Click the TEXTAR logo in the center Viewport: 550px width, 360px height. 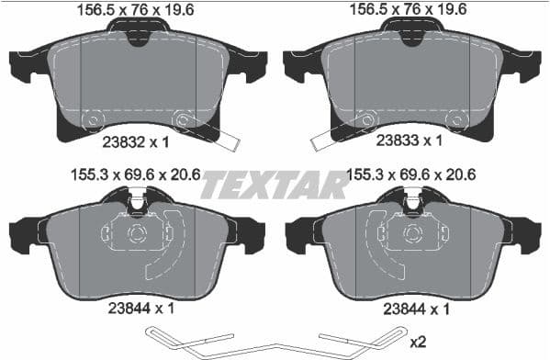click(x=275, y=186)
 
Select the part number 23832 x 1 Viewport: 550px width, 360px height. click(x=136, y=141)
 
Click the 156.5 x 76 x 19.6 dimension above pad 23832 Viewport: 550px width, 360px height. click(x=137, y=10)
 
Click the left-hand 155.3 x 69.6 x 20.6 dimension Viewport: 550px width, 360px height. click(x=137, y=173)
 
